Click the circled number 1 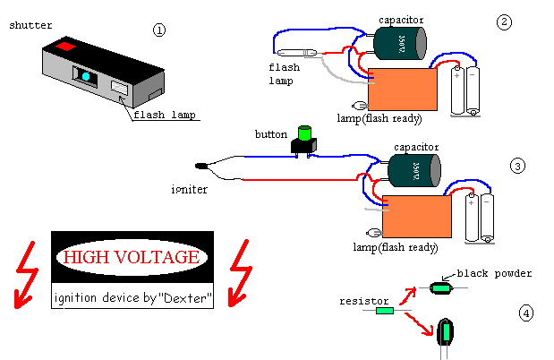(x=160, y=30)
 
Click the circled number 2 (x=505, y=21)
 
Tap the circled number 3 (x=517, y=166)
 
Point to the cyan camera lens (x=86, y=77)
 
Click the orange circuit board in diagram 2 (x=404, y=90)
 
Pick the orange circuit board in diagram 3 (x=416, y=216)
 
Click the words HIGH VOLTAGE (x=132, y=258)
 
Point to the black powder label (x=494, y=273)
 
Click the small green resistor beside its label (x=384, y=312)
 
